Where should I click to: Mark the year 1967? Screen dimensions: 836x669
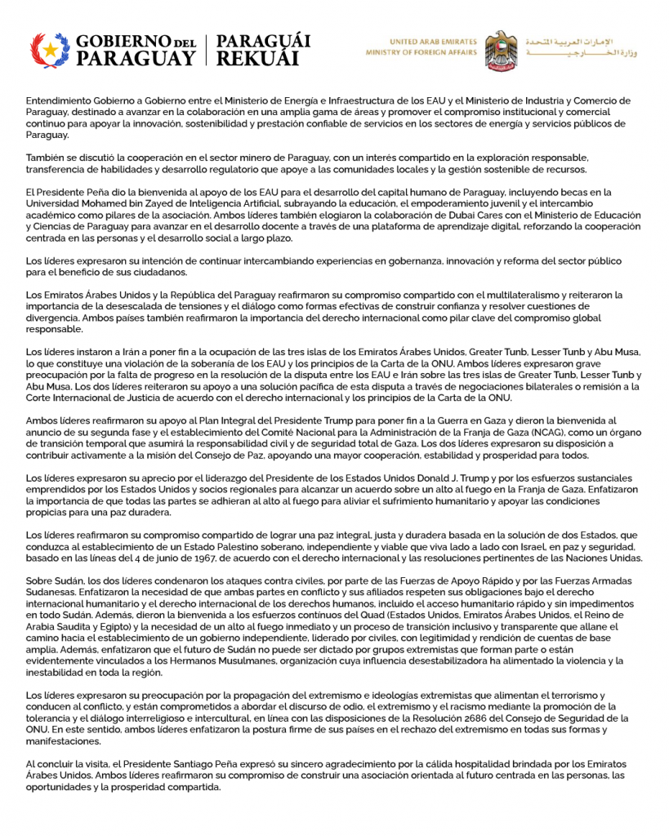pyautogui.click(x=203, y=558)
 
